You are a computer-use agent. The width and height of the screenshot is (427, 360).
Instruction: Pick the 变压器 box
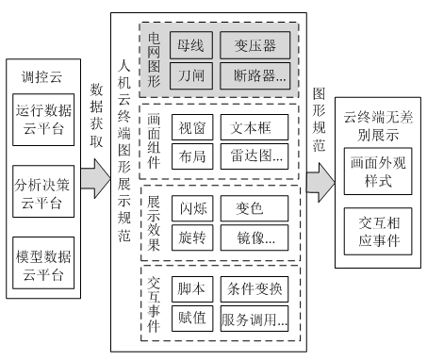pos(254,43)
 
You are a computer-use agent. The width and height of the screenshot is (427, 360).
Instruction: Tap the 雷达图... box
pos(254,158)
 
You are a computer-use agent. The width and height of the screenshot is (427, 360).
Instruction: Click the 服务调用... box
pos(254,319)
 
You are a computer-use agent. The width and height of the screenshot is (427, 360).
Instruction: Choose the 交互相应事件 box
pos(378,232)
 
